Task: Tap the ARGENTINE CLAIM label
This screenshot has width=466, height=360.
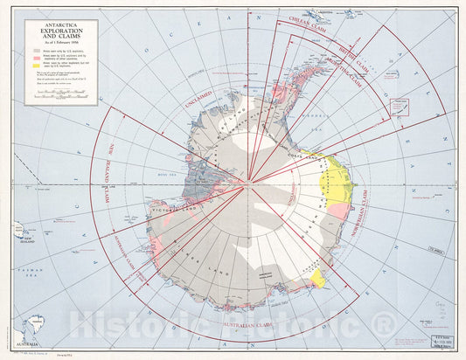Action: pyautogui.click(x=347, y=67)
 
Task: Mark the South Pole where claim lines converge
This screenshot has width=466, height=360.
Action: pyautogui.click(x=249, y=181)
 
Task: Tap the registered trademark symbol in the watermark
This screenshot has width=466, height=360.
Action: pyautogui.click(x=384, y=326)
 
